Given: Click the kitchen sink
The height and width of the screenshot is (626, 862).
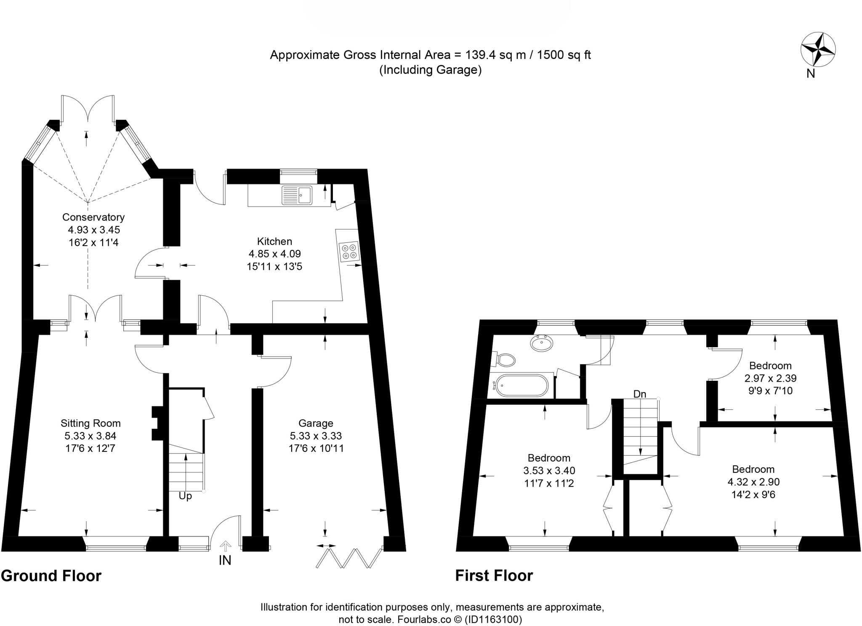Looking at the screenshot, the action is click(297, 195).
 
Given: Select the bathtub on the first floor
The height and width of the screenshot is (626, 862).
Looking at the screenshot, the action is click(522, 385).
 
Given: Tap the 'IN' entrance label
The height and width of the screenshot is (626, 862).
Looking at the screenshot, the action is click(225, 560).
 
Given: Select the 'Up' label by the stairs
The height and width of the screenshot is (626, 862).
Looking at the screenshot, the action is click(185, 496).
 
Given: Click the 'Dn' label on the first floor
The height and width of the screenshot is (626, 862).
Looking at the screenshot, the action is click(639, 394).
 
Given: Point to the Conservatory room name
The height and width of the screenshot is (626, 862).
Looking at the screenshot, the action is click(93, 217).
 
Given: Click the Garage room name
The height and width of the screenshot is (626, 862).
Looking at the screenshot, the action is click(316, 423).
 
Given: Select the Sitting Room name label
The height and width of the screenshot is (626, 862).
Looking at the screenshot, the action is click(90, 423).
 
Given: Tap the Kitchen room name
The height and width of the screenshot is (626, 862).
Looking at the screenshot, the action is click(274, 241).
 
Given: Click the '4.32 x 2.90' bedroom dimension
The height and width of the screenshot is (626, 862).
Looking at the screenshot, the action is click(753, 482).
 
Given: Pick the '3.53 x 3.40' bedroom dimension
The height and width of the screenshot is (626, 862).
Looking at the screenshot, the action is click(549, 470).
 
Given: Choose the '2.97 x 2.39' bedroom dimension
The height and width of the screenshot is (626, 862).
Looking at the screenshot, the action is click(770, 378).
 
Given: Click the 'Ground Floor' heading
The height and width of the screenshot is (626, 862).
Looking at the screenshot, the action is click(51, 576).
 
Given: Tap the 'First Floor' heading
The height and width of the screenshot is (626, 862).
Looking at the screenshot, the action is click(494, 576).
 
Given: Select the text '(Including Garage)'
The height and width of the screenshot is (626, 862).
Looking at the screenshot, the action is click(430, 70).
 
